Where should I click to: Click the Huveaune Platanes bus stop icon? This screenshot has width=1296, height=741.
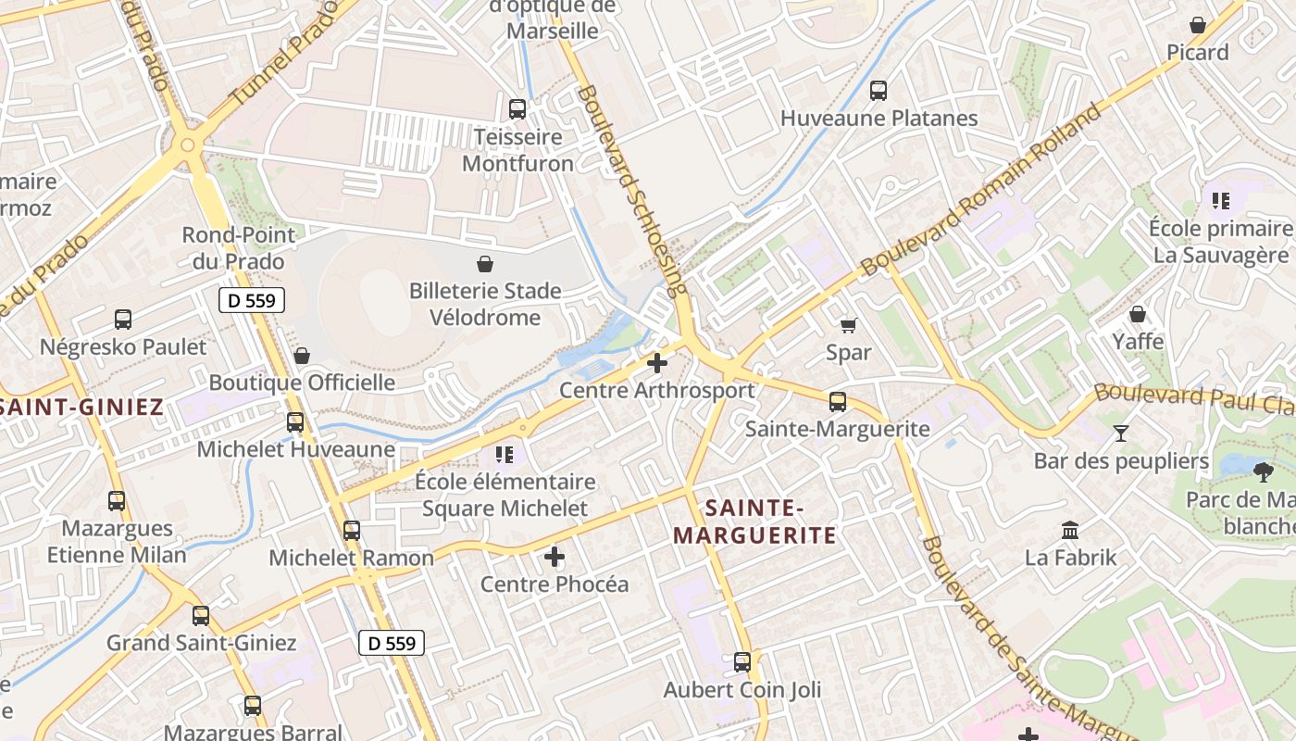tap(879, 91)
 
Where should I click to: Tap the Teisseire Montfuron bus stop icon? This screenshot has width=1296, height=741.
tap(517, 109)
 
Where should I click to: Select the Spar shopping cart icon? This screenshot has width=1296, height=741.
tap(848, 325)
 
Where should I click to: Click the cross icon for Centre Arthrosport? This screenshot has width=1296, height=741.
tap(657, 363)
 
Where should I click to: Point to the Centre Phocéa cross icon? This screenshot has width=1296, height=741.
tap(555, 557)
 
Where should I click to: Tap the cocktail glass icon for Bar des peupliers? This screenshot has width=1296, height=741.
tap(1121, 433)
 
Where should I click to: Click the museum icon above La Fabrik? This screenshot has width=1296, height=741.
tap(1070, 531)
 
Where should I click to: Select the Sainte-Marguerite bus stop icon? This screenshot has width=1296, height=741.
tap(838, 402)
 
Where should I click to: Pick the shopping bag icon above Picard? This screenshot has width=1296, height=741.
tap(1198, 25)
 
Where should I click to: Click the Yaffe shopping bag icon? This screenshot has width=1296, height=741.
tap(1138, 314)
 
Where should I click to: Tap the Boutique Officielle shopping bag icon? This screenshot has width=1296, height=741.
tap(301, 356)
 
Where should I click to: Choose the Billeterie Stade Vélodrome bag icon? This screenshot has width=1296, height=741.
tap(484, 264)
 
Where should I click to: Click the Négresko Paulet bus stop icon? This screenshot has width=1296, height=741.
tap(123, 320)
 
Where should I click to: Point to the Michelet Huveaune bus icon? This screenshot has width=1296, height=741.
tap(295, 422)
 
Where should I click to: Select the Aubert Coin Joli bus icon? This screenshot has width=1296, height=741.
tap(742, 662)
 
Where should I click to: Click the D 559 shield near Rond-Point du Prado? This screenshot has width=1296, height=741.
tap(252, 300)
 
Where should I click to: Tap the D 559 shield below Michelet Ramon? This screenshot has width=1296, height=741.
tap(392, 643)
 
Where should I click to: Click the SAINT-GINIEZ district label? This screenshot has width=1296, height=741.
tap(81, 407)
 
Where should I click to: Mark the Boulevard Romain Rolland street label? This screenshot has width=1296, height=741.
tap(981, 190)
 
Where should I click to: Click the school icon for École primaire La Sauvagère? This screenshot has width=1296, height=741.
tap(1220, 200)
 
